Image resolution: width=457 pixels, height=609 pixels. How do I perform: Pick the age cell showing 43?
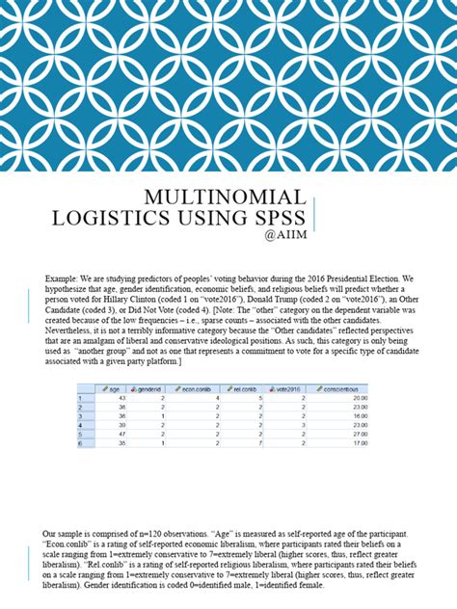122,397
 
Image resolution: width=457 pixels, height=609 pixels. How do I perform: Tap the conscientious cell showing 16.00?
360,415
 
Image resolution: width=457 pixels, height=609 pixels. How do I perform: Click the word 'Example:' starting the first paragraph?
60,278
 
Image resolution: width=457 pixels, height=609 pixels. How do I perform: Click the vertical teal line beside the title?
317,212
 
